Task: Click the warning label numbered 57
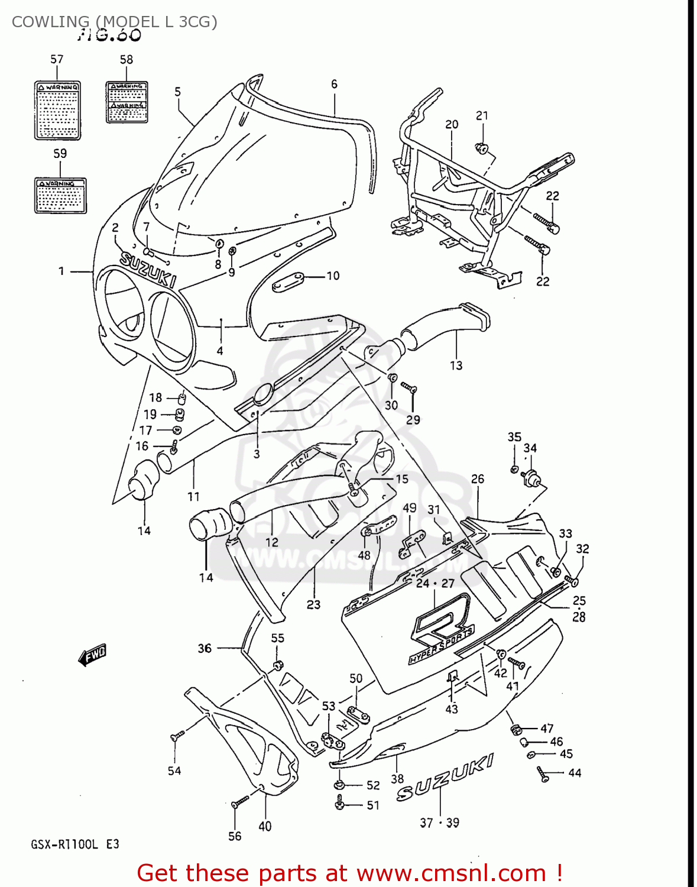(x=57, y=110)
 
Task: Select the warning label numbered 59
(x=60, y=195)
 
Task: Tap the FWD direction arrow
(x=92, y=655)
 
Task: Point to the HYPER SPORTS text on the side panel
(x=441, y=646)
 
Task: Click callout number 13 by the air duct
(x=456, y=365)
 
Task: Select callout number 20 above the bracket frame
(x=452, y=124)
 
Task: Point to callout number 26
(x=477, y=479)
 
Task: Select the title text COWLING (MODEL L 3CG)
(x=115, y=22)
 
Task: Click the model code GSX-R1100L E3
(x=75, y=844)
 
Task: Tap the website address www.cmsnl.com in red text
(x=452, y=873)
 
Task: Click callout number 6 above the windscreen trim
(x=334, y=84)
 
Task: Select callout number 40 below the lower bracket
(x=265, y=826)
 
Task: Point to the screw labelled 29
(x=410, y=388)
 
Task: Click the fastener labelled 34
(x=531, y=477)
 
